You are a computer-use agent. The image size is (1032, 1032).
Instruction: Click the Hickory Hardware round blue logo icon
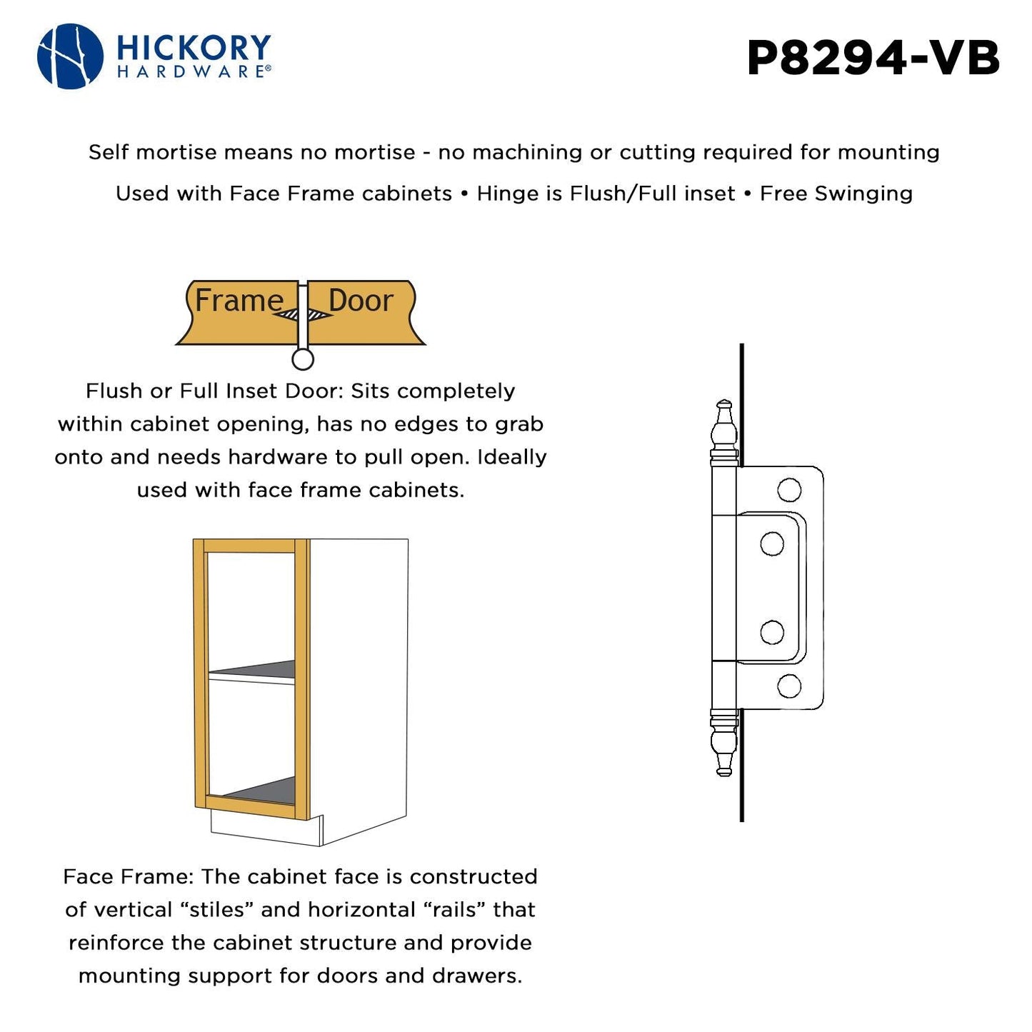click(70, 56)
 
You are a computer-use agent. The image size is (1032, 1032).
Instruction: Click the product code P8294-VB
click(873, 58)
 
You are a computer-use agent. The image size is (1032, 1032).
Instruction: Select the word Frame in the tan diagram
click(239, 301)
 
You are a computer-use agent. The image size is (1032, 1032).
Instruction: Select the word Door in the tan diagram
click(361, 301)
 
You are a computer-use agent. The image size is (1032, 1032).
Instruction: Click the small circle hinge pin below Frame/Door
click(303, 359)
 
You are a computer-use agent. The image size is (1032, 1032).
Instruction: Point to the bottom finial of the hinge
click(724, 743)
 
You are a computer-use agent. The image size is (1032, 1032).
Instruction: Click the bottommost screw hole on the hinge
click(789, 686)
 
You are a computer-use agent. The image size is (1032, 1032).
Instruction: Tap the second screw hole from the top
click(772, 544)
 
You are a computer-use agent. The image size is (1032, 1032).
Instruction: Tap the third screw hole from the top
click(772, 632)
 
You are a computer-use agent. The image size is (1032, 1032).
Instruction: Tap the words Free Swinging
click(836, 194)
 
